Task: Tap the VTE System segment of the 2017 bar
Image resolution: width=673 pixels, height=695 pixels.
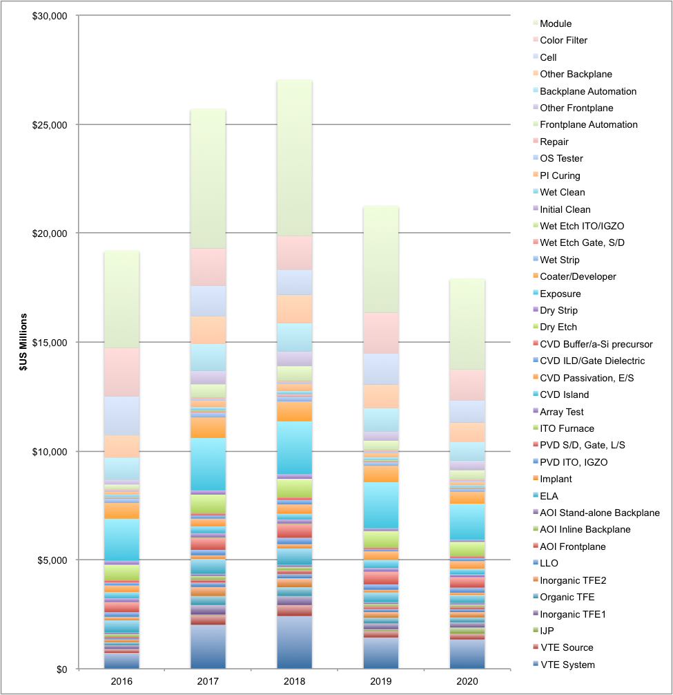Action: [x=208, y=647]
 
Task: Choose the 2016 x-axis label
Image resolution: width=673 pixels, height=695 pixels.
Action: [x=121, y=680]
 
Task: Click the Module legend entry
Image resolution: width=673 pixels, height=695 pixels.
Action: [x=565, y=23]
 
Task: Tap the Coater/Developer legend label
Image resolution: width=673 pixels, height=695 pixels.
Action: [x=578, y=276]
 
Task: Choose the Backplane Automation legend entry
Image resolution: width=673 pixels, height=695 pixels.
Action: [x=588, y=91]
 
